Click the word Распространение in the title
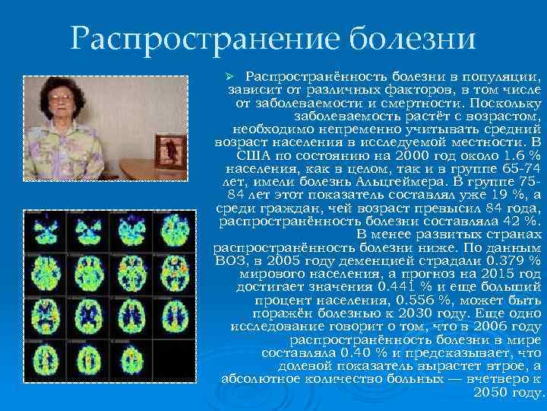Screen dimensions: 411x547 (x=198, y=39)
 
